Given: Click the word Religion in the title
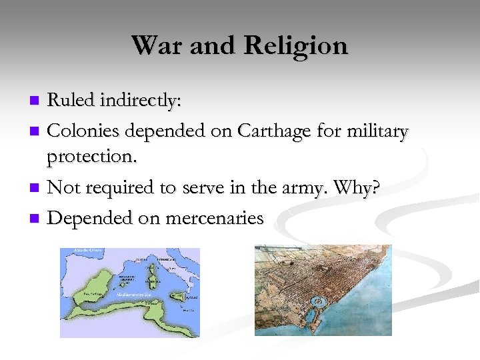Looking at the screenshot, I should [x=296, y=45].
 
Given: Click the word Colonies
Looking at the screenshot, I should [x=81, y=132].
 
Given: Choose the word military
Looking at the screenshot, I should [x=376, y=132].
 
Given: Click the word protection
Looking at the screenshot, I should [x=91, y=157].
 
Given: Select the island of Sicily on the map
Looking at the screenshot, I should [x=178, y=297].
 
